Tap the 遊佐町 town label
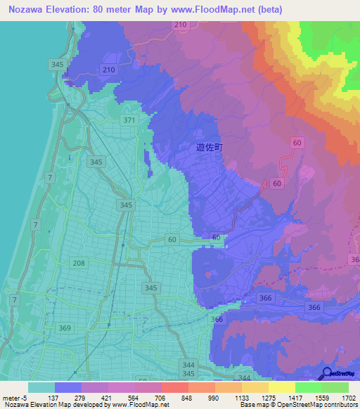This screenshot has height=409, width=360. [x=209, y=148]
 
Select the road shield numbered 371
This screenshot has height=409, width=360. [x=129, y=121]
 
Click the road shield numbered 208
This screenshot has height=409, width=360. [x=79, y=262]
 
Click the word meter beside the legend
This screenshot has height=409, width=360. [x=12, y=397]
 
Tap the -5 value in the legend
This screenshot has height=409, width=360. [x=25, y=397]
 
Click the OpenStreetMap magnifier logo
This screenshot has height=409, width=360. [x=326, y=373]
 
